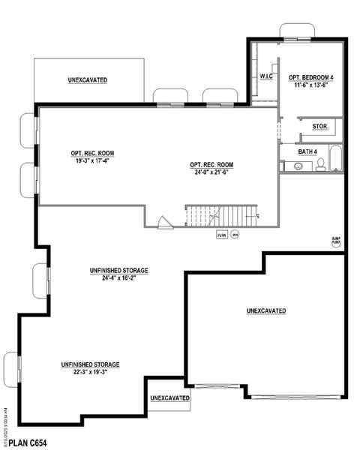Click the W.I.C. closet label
[x=265, y=76]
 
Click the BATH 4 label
[x=307, y=151]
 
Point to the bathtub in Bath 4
[x=334, y=160]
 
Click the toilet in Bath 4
[x=320, y=165]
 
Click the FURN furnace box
[x=221, y=235]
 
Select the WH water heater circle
[x=234, y=235]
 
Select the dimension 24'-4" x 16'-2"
[x=119, y=277]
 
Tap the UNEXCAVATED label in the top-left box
[x=87, y=79]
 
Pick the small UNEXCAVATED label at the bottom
[x=169, y=397]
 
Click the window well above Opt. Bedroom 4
[x=298, y=31]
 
